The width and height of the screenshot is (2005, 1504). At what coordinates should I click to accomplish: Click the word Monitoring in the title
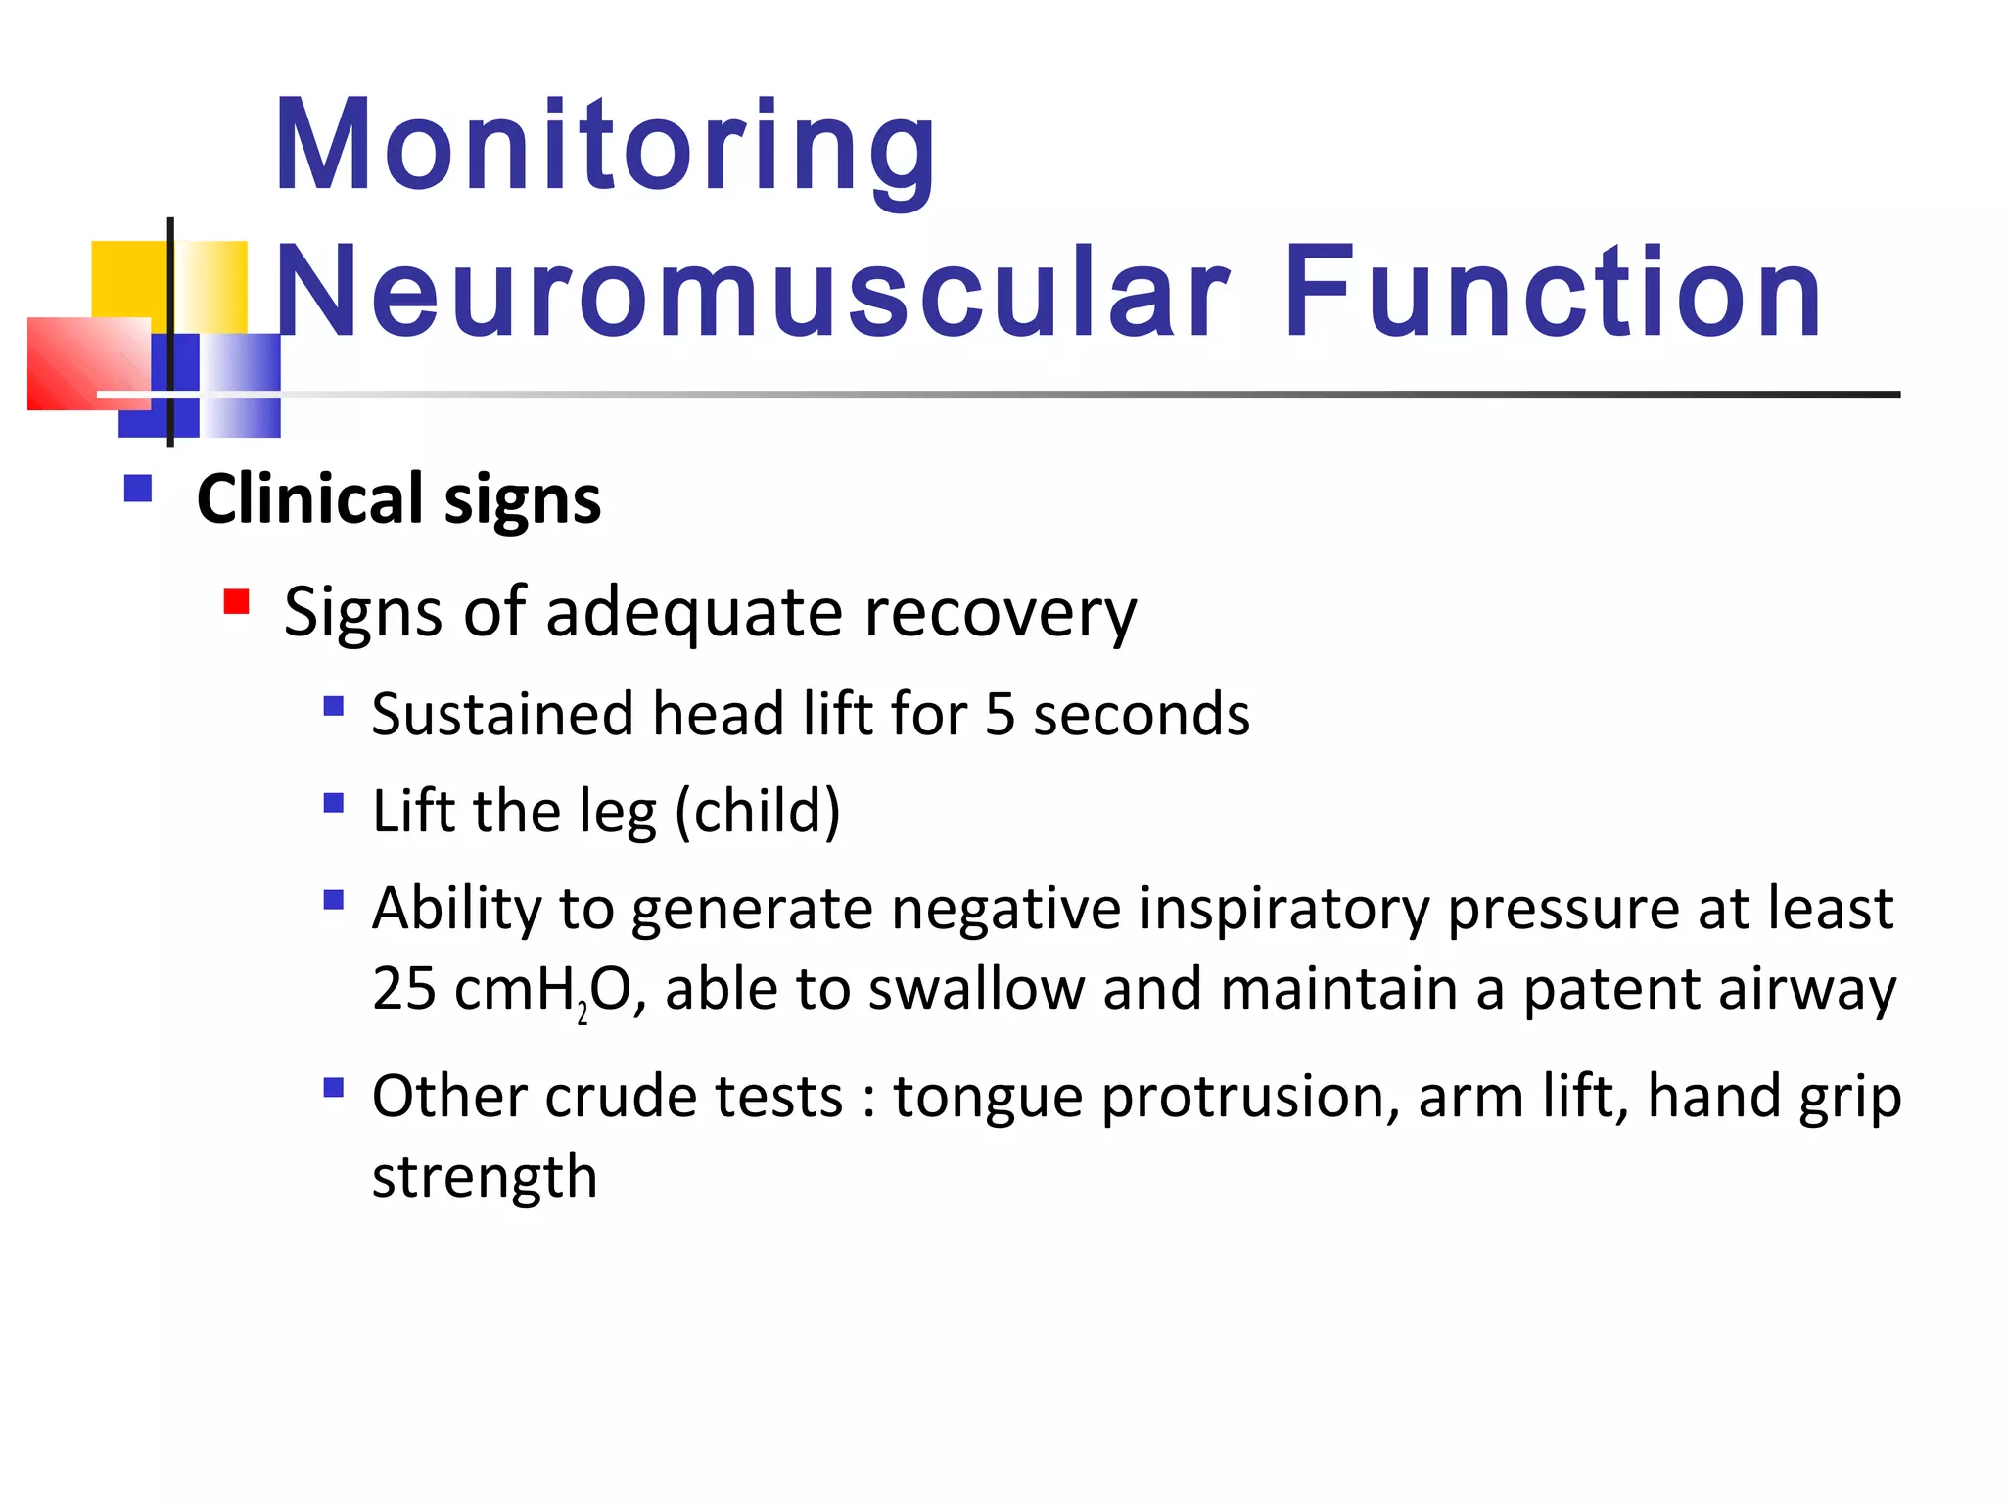(x=605, y=147)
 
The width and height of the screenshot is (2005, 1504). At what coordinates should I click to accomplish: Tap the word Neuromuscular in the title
(x=752, y=294)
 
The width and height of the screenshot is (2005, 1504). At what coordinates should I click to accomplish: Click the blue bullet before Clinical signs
(x=138, y=488)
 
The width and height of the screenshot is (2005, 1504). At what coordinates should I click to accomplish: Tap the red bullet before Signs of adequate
(x=236, y=600)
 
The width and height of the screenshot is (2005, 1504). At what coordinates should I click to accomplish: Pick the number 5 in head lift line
(x=1000, y=714)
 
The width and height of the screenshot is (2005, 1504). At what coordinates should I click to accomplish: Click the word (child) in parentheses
(x=758, y=812)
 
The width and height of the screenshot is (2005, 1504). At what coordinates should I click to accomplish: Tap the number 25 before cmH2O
(x=403, y=989)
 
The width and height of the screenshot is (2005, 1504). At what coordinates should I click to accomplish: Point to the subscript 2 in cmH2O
(x=583, y=1012)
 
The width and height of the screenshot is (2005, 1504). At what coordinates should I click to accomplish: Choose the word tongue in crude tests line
(x=988, y=1098)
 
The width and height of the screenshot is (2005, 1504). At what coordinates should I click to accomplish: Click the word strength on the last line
(x=485, y=1177)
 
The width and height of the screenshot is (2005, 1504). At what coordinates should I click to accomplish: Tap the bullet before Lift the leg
(x=334, y=803)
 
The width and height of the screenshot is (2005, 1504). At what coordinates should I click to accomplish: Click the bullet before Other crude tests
(x=334, y=1087)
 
